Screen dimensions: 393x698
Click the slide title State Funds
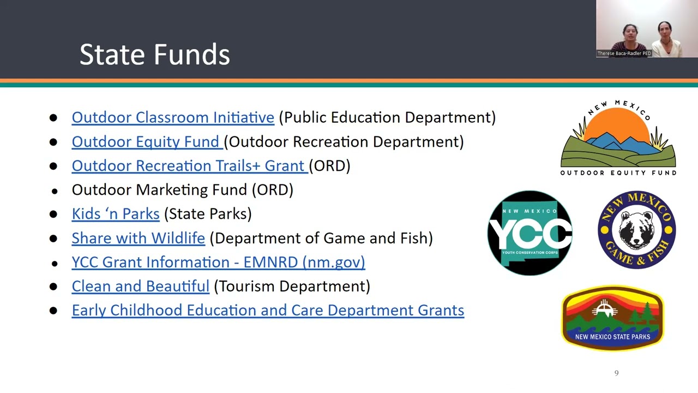(154, 55)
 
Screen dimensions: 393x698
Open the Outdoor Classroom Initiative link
(173, 117)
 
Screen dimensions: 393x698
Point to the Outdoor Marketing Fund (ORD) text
(182, 190)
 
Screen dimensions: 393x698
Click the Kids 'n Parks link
(116, 214)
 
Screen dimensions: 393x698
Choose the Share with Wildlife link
(139, 238)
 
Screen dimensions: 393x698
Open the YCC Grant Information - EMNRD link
(218, 262)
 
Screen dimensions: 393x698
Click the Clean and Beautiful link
(141, 286)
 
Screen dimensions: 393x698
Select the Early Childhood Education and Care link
(268, 310)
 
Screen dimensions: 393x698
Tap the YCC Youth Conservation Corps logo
(529, 233)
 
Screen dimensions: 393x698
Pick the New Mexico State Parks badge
(612, 318)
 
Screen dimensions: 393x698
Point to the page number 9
(617, 373)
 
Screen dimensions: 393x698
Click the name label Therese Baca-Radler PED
(624, 53)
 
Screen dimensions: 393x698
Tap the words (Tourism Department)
(292, 286)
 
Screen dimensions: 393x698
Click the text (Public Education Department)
(387, 117)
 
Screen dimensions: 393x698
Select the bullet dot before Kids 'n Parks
(53, 215)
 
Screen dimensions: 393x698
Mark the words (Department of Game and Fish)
(321, 238)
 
